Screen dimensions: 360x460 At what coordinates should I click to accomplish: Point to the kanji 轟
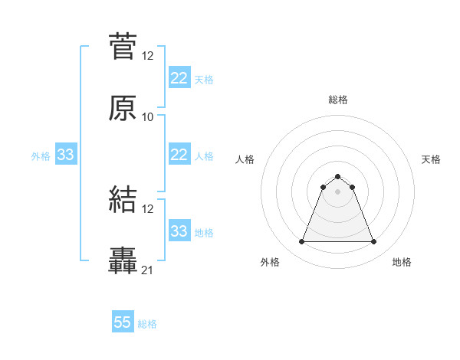[123, 261]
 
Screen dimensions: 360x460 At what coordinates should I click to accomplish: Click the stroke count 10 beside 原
[148, 117]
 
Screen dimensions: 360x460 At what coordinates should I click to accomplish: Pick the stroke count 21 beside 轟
[148, 270]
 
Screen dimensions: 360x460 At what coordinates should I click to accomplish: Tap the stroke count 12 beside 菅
[148, 56]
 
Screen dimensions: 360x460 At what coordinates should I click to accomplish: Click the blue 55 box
[123, 322]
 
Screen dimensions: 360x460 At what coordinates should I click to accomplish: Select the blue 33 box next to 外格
[65, 155]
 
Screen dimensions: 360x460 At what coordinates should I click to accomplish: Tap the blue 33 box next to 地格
[179, 231]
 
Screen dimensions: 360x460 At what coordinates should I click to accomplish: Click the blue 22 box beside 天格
[179, 78]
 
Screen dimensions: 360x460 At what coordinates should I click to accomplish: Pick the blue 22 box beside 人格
[179, 155]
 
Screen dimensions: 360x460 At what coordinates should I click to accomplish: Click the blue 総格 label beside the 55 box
[147, 324]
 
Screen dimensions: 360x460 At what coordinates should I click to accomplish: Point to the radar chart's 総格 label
[337, 100]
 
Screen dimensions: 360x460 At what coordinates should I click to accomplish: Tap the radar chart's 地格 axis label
[402, 263]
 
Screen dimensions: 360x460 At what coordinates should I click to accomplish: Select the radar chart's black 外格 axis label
[270, 263]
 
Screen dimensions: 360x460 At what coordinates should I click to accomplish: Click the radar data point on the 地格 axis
[373, 242]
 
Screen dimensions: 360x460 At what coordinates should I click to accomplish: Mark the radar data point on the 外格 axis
[301, 242]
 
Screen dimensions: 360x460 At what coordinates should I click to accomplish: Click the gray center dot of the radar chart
[337, 191]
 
